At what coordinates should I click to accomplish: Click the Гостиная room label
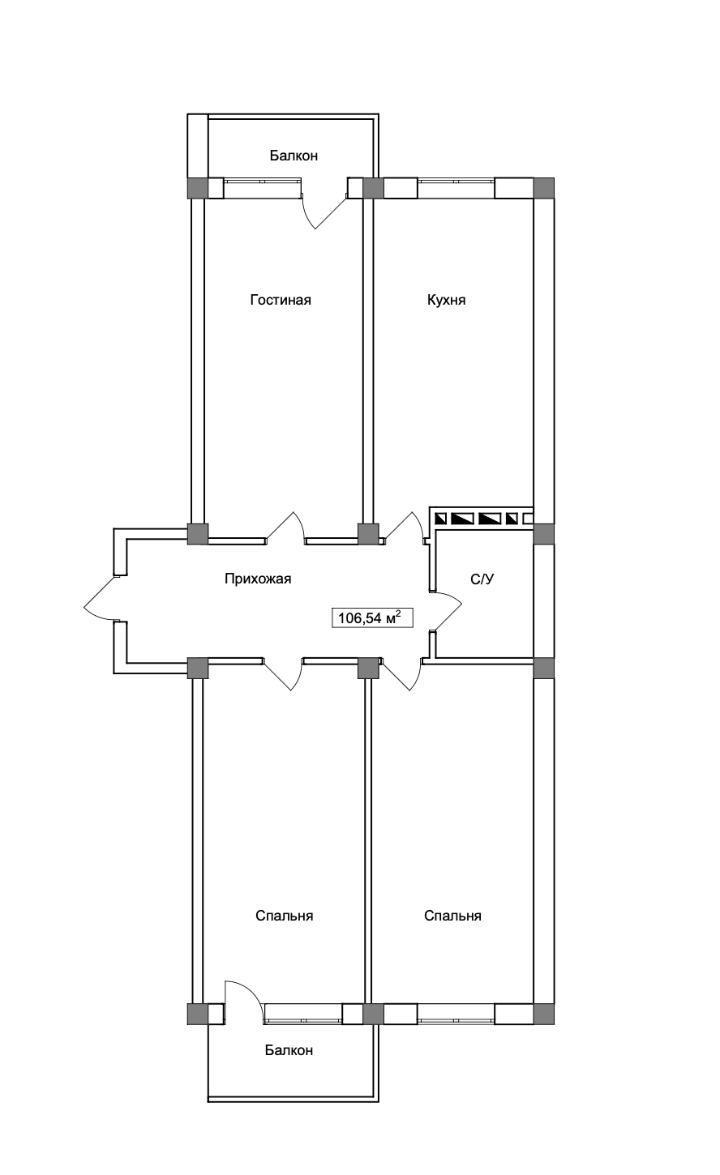[x=281, y=301]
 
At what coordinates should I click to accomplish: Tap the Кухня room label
[x=446, y=301]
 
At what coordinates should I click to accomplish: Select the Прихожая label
[x=257, y=579]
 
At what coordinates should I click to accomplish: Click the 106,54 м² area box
[x=367, y=618]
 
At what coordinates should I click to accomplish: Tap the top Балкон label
[x=294, y=156]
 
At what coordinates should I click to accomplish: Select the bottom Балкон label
[x=289, y=1050]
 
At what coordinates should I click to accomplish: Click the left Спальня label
[x=284, y=916]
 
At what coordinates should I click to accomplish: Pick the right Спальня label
[x=452, y=916]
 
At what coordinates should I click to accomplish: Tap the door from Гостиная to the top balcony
[x=324, y=208]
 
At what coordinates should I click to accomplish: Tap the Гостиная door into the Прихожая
[x=285, y=528]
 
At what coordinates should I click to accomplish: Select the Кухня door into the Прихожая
[x=405, y=528]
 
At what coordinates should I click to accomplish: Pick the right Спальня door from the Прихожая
[x=402, y=673]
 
